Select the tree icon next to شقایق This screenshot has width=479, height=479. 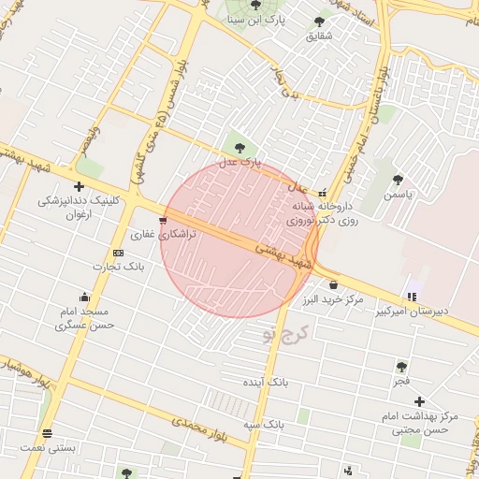[320, 21]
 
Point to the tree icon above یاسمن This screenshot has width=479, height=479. [398, 180]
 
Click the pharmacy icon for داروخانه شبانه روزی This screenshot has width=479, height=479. [324, 194]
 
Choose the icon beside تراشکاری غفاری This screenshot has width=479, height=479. [164, 222]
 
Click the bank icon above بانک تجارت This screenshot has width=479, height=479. [118, 253]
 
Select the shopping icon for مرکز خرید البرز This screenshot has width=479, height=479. [333, 284]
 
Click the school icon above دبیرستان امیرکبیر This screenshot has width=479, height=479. [413, 297]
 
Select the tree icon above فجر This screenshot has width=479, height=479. [401, 367]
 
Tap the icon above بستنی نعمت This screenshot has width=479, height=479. [47, 433]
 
